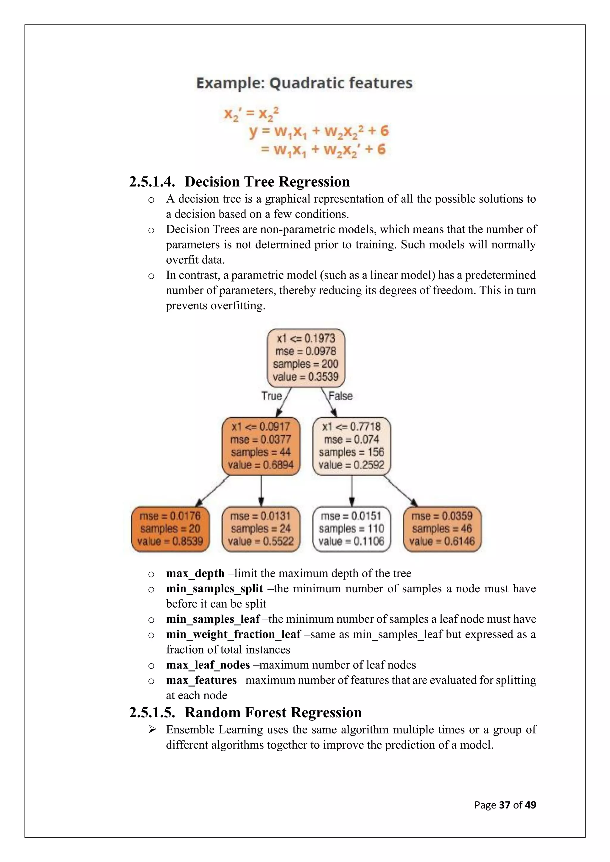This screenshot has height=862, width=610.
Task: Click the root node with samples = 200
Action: click(306, 358)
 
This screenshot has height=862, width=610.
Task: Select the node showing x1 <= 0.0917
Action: click(261, 446)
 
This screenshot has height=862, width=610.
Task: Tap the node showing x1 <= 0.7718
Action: click(351, 446)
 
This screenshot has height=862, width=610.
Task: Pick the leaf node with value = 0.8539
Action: click(170, 529)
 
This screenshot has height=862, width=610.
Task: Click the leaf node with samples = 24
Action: click(261, 529)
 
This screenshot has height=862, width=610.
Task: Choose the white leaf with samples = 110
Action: click(351, 529)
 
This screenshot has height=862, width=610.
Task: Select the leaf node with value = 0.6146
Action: click(442, 529)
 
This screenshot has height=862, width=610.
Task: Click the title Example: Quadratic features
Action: click(304, 83)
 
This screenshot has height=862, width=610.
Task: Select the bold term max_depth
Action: click(195, 573)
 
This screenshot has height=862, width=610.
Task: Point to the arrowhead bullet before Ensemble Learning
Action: click(152, 730)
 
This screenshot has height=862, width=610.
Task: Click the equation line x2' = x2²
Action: click(251, 113)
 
